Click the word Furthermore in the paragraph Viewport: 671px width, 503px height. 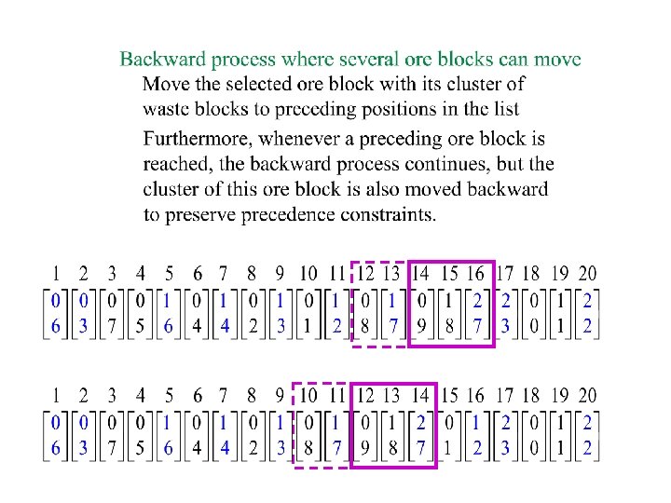coord(198,140)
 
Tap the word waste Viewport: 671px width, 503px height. coord(166,109)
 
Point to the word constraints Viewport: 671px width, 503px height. coord(391,215)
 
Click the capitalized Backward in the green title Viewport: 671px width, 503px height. coord(163,60)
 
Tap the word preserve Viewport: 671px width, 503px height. coord(202,215)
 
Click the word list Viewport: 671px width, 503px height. coord(503,109)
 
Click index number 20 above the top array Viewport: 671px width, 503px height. coord(587,274)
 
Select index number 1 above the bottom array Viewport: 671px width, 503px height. coord(55,396)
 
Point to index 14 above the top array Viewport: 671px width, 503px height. coord(421,274)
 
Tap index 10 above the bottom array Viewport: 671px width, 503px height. coord(308,396)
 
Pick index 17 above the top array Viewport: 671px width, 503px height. coord(504,274)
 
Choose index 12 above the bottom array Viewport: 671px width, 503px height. coord(365,396)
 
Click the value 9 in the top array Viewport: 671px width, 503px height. coord(422,326)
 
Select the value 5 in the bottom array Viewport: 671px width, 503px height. coord(141,449)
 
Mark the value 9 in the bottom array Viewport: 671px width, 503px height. coord(365,449)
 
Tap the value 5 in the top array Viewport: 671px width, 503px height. coord(141,326)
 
